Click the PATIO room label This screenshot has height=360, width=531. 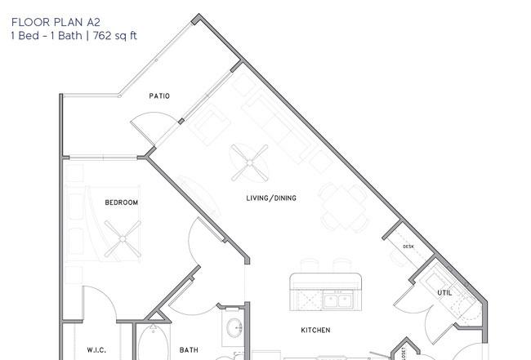point(159,96)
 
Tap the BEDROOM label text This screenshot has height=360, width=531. point(121,202)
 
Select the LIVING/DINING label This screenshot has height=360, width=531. point(271,198)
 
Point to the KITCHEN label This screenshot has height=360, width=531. point(315,331)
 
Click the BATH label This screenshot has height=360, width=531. point(189,350)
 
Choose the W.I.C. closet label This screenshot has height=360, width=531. point(96,350)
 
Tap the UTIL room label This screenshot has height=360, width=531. point(444,293)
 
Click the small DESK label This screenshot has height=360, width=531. point(408,247)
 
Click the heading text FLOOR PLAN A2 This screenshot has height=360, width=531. point(56,22)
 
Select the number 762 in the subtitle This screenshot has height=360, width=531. point(101,36)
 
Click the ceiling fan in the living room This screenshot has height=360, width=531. point(250,163)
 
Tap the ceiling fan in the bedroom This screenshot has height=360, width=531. point(123,239)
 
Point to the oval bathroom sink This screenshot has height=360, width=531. point(234,328)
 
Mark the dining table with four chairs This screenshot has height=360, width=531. point(344,207)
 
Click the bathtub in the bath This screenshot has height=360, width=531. point(153,342)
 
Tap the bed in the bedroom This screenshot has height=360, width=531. point(103,224)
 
